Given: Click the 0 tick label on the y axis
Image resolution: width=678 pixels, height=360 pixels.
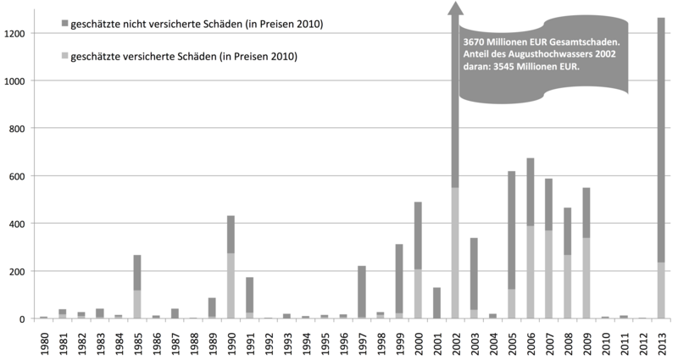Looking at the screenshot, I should tap(28, 318).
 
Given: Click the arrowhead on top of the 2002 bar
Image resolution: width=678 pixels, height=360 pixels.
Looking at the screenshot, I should tap(455, 8).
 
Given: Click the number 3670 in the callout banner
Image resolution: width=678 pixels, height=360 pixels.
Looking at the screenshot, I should tap(475, 41).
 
